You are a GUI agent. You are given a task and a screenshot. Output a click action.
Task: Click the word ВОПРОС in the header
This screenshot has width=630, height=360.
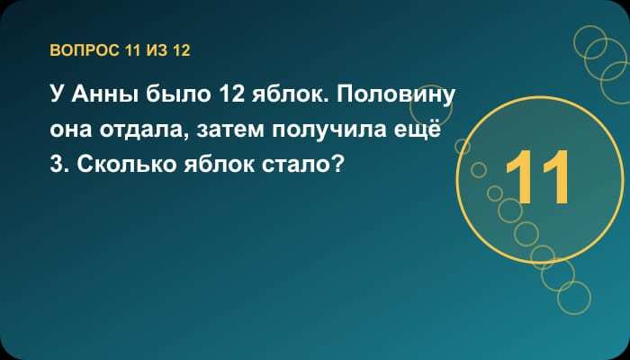(x=85, y=50)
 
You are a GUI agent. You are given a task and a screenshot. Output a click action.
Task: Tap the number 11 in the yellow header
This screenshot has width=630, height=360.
(x=133, y=50)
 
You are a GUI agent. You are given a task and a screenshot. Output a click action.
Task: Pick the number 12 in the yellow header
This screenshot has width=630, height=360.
(x=182, y=50)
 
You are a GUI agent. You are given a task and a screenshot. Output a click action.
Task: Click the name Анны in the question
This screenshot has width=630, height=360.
(x=104, y=94)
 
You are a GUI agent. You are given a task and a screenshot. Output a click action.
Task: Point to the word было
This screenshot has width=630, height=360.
(x=178, y=94)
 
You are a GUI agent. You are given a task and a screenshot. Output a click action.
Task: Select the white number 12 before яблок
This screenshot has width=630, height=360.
(x=231, y=94)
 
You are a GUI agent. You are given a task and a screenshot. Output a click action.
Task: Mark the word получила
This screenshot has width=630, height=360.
(x=329, y=131)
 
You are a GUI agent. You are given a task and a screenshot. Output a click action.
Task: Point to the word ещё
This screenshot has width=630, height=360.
(x=418, y=130)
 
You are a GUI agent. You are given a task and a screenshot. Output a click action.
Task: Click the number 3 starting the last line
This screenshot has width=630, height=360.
(x=57, y=165)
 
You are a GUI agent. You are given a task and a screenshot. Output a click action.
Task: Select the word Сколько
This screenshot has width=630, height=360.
(x=127, y=165)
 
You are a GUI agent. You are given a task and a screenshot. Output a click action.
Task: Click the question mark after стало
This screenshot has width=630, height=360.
(x=338, y=165)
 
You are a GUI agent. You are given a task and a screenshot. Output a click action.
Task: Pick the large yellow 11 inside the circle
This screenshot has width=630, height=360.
(x=537, y=176)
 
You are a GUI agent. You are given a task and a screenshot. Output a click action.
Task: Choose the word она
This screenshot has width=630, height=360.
(x=71, y=131)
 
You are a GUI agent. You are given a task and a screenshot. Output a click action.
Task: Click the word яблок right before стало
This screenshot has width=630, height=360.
(x=219, y=165)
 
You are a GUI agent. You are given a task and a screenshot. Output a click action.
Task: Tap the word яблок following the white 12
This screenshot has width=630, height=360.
(x=289, y=94)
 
